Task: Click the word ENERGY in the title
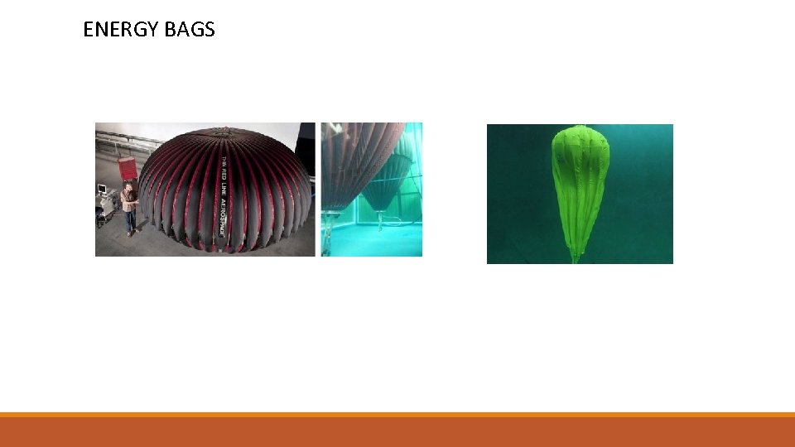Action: point(120,30)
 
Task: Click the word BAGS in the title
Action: point(190,30)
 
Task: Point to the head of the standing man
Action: point(127,188)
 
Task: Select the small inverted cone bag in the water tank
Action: point(383,190)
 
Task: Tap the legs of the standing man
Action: point(129,222)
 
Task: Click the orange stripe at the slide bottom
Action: point(397,415)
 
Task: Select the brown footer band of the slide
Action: point(397,433)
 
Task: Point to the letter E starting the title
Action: point(89,30)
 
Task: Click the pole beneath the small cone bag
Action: point(379,220)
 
